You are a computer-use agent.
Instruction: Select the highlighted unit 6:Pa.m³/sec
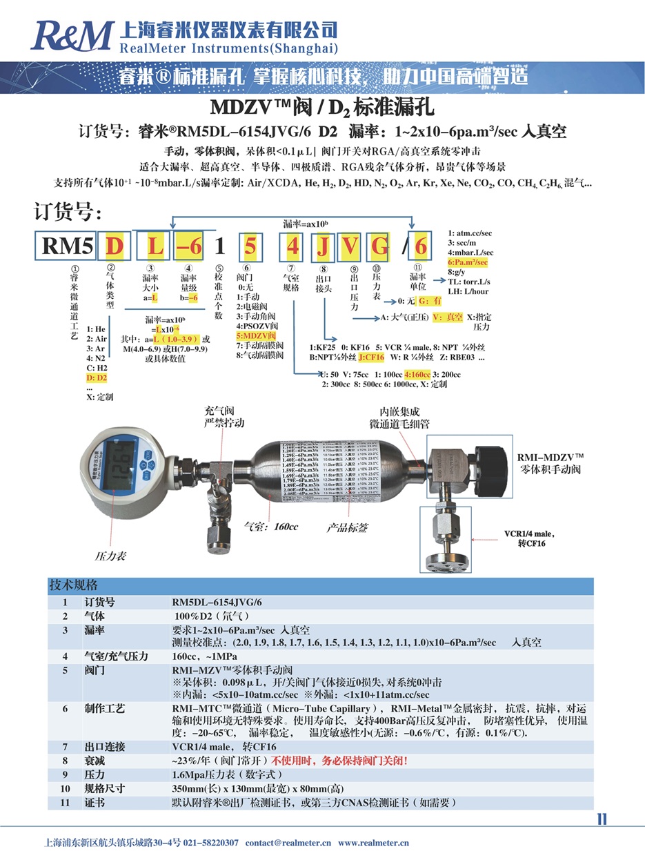(x=468, y=262)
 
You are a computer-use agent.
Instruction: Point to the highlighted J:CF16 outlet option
(x=371, y=357)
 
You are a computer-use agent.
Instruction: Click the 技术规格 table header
(x=72, y=586)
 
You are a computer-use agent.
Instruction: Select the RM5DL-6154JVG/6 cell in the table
(x=217, y=602)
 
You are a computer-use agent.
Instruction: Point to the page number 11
(x=602, y=819)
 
